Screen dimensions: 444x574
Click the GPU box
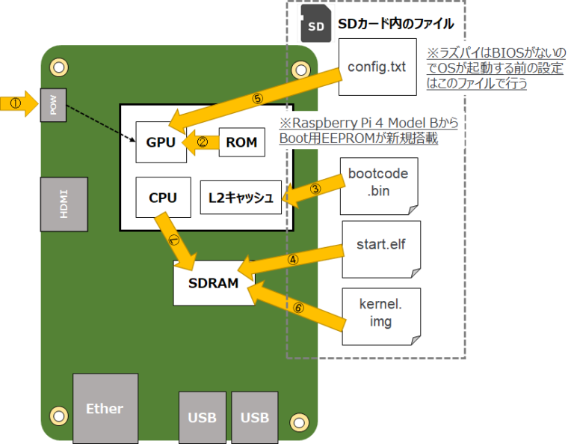[x=161, y=141]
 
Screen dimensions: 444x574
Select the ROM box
[x=241, y=141]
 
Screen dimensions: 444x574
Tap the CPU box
[x=162, y=198]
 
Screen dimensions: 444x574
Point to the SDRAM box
[x=213, y=283]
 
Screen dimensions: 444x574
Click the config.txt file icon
[x=377, y=67]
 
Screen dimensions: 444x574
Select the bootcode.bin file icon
[x=378, y=183]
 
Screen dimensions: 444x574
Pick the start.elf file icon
[x=381, y=247]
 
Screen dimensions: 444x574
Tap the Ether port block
[x=105, y=408]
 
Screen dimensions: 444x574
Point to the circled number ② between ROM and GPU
[x=201, y=141]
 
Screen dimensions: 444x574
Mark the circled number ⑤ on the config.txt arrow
[x=258, y=98]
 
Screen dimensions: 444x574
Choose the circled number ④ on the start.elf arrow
[x=293, y=261]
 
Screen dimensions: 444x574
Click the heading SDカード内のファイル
[x=395, y=24]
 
